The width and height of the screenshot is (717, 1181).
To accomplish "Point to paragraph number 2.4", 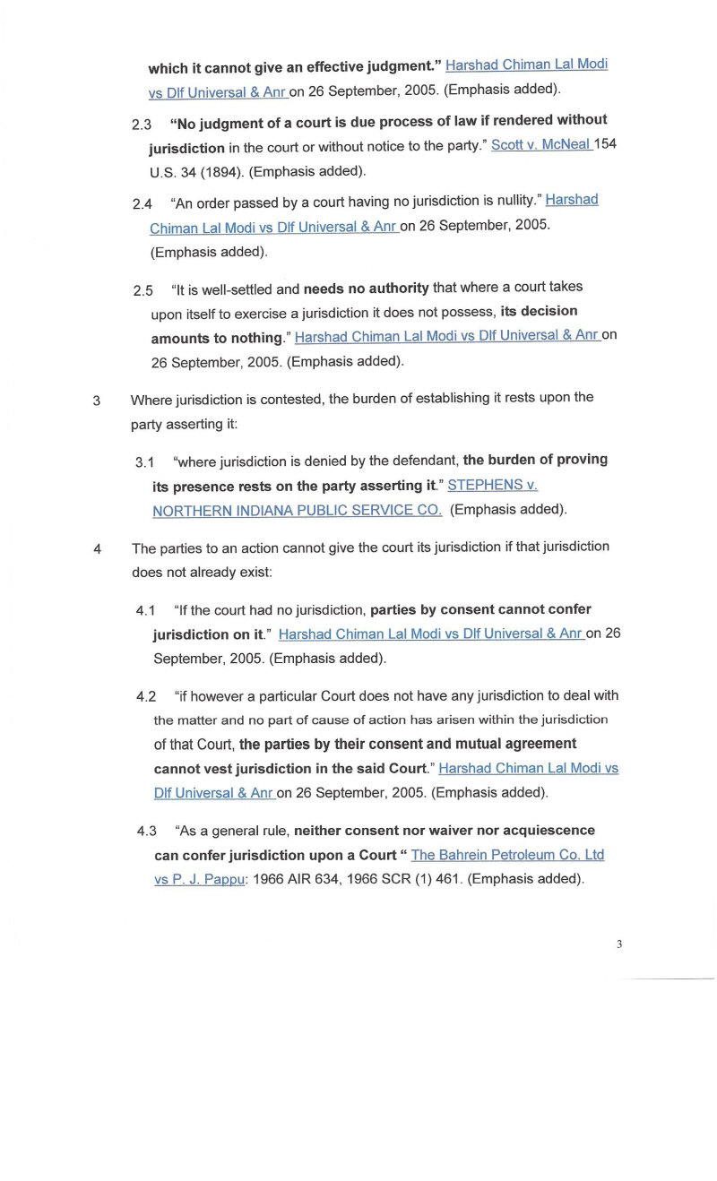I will click(142, 203).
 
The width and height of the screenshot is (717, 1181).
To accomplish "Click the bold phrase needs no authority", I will click(366, 288).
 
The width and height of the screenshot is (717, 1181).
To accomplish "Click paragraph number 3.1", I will click(145, 462).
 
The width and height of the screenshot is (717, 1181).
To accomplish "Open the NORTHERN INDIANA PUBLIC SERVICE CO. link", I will click(297, 510).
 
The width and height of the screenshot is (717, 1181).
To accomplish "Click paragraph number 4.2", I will click(146, 696).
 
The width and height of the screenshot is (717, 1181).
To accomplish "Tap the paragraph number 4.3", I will click(147, 831).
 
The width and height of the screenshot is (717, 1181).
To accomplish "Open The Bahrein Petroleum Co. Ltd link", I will click(507, 855).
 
